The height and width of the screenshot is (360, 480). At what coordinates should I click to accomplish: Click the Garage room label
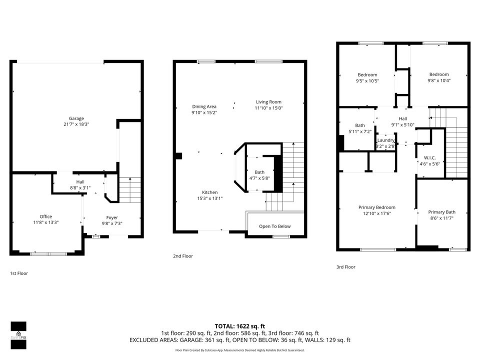76,118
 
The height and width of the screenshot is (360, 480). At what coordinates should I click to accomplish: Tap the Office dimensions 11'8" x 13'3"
45,222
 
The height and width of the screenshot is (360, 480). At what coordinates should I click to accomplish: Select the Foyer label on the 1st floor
112,217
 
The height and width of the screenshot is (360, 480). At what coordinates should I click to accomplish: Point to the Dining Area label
204,106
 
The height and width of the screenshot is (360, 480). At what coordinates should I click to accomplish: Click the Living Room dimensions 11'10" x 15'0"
269,108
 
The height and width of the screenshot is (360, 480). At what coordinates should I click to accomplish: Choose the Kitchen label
209,192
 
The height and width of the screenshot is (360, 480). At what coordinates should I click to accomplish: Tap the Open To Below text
275,226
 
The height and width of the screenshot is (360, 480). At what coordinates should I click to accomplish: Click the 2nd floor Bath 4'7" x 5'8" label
259,175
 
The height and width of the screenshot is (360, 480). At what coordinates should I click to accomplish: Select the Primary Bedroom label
377,207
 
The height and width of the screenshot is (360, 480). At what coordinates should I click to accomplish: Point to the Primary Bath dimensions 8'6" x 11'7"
441,218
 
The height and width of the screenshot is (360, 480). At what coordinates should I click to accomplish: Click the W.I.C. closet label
430,158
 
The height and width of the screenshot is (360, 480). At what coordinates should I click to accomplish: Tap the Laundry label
385,140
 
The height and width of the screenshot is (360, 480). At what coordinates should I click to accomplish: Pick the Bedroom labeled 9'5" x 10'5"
367,78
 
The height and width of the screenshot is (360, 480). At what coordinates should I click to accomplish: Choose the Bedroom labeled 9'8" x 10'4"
439,77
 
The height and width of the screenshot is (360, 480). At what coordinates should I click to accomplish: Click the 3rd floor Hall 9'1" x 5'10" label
403,121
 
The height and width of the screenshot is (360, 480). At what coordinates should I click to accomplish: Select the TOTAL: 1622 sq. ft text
239,326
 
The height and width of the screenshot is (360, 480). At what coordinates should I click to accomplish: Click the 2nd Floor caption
183,256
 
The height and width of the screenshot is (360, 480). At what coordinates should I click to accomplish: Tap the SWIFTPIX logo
18,335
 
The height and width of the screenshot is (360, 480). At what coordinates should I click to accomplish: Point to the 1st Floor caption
19,273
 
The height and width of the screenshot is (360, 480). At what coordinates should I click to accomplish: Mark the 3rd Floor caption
346,267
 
